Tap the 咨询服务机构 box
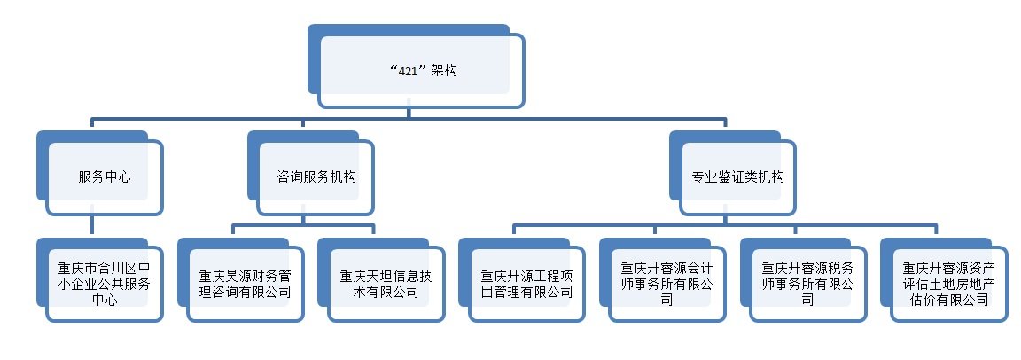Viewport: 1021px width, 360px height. pyautogui.click(x=316, y=176)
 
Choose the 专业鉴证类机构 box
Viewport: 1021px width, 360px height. pyautogui.click(x=737, y=176)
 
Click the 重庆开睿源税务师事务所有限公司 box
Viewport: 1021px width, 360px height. pyautogui.click(x=807, y=283)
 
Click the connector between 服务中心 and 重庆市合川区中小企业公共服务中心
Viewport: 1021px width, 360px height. pyautogui.click(x=93, y=226)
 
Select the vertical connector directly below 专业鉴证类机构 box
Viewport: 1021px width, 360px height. pyautogui.click(x=726, y=219)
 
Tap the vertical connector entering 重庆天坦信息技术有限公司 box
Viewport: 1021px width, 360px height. pyautogui.click(x=374, y=231)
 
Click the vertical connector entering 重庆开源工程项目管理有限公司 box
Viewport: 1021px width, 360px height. pyautogui.click(x=515, y=231)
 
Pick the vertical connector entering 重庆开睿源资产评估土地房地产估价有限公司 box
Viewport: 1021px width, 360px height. pyautogui.click(x=937, y=231)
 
